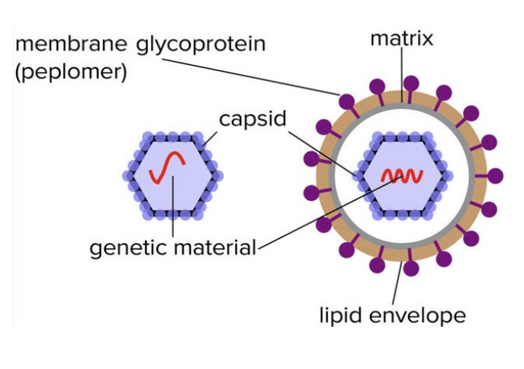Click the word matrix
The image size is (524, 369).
402,38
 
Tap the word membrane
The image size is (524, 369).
71,44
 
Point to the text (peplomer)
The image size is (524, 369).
71,72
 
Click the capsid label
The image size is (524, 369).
252,119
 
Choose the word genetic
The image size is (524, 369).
130,248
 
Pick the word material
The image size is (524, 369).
215,248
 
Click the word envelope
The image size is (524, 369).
417,315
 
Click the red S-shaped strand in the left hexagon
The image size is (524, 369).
167,167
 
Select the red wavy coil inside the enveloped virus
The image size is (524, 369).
403,176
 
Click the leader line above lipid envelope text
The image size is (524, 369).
397,283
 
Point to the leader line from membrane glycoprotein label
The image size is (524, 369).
251,77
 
